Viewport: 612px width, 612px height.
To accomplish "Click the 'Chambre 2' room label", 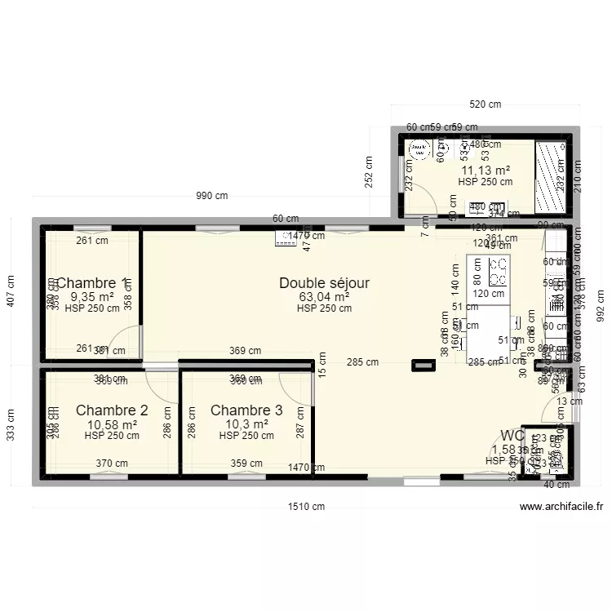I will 112,410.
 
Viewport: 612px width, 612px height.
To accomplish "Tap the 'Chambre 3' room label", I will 246,410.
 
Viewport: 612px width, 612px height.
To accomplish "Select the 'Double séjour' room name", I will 324,283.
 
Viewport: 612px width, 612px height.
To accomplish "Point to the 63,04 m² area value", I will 324,297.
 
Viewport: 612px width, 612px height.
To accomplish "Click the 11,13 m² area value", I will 486,171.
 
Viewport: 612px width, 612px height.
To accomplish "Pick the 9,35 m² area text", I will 92,297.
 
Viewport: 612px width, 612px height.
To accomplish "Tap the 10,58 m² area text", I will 112,424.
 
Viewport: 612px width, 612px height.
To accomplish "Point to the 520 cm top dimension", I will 486,104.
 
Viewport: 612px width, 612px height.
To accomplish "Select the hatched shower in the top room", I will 550,175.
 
